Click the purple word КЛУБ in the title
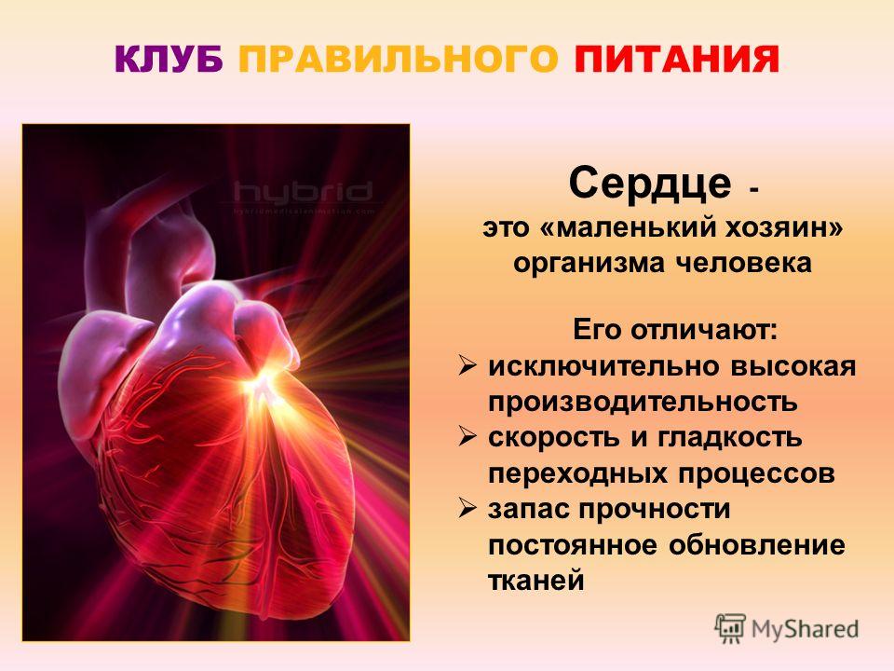coord(169,60)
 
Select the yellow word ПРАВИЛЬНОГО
coord(398,60)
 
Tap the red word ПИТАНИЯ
coord(676,60)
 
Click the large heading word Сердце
coord(649,184)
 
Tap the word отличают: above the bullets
coord(704,330)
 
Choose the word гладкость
coord(730,438)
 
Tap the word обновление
coord(756,544)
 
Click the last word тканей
coord(536,581)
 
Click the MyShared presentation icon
coord(730,629)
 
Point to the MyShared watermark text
coord(805,629)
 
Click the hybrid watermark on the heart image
coord(304,192)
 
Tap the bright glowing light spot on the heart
coord(262,381)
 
